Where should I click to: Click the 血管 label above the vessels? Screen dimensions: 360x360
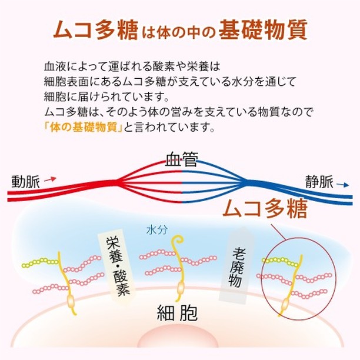point(181,159)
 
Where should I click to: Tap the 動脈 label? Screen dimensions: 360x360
point(26,182)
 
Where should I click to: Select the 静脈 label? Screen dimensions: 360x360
point(319,182)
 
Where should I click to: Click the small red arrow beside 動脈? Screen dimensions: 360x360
point(50,179)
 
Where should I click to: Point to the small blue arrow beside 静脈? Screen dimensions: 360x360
point(342,185)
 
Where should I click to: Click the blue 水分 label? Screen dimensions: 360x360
point(157,229)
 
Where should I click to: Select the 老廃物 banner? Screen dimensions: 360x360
point(236,266)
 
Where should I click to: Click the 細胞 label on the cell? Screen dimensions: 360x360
point(177,313)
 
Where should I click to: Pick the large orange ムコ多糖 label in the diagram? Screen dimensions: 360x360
point(265,209)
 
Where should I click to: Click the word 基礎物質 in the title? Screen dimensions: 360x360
point(263,30)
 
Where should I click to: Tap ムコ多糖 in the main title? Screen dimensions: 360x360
point(95,30)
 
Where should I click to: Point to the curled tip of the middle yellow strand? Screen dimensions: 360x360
point(179,239)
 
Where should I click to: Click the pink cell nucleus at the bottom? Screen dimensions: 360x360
point(177,338)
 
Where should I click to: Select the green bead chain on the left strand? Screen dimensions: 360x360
point(40,263)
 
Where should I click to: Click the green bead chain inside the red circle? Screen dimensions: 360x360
point(281,261)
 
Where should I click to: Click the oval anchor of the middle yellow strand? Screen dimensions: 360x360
point(181,288)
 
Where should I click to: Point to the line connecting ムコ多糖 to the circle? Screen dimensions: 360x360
point(279,232)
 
